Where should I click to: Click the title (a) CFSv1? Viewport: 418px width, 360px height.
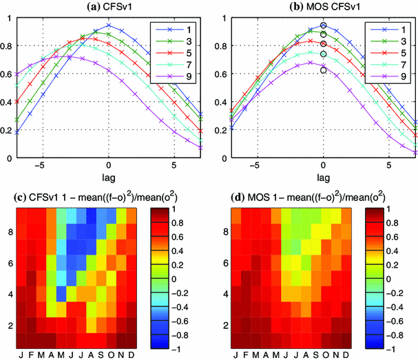pos(109,6)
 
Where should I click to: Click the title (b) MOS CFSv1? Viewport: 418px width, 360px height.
pos(323,6)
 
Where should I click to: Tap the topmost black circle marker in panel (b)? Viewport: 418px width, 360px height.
pos(323,25)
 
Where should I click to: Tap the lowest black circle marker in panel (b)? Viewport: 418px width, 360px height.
pos(323,70)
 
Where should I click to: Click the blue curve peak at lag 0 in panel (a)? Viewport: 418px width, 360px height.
pos(109,25)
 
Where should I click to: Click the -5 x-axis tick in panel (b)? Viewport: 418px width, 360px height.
pos(255,166)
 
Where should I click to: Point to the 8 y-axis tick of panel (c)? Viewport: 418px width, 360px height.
pos(10,233)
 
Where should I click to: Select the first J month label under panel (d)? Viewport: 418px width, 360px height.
pos(238,355)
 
